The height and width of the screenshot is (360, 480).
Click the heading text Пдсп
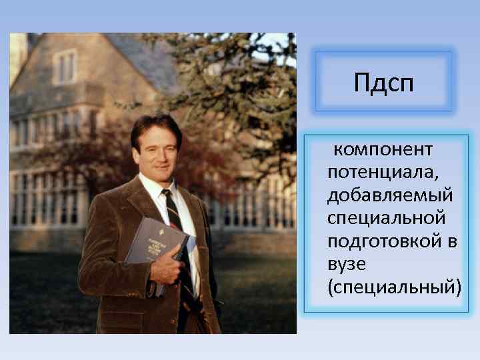click(x=384, y=85)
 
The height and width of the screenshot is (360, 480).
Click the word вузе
click(x=346, y=264)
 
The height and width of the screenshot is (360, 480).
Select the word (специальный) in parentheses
click(x=394, y=287)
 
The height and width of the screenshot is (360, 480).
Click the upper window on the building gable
click(x=65, y=67)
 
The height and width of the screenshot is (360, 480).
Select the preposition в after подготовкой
click(x=452, y=241)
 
